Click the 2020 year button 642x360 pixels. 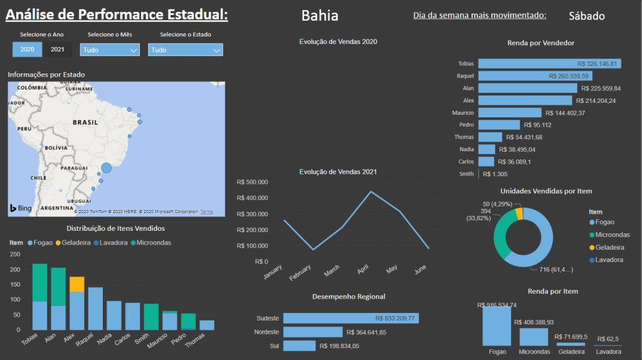pos(27,50)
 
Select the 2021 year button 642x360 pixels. pos(57,50)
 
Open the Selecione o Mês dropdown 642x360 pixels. pos(110,50)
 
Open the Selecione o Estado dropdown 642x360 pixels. pos(186,50)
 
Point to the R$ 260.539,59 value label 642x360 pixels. pos(569,76)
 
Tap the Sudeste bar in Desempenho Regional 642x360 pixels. pos(350,318)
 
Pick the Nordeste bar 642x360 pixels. pos(313,332)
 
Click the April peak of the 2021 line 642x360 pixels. pos(371,191)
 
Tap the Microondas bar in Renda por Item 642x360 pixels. pos(534,336)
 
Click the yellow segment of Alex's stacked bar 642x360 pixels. pos(76,284)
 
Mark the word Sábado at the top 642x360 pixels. pos(587,16)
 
